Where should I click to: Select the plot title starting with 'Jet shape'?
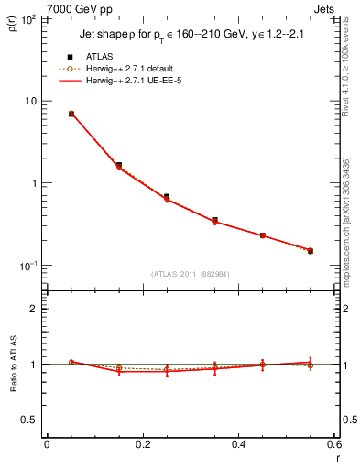coord(187,39)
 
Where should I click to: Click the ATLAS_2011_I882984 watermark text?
coord(190,273)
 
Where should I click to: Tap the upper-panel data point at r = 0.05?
coord(71,114)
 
